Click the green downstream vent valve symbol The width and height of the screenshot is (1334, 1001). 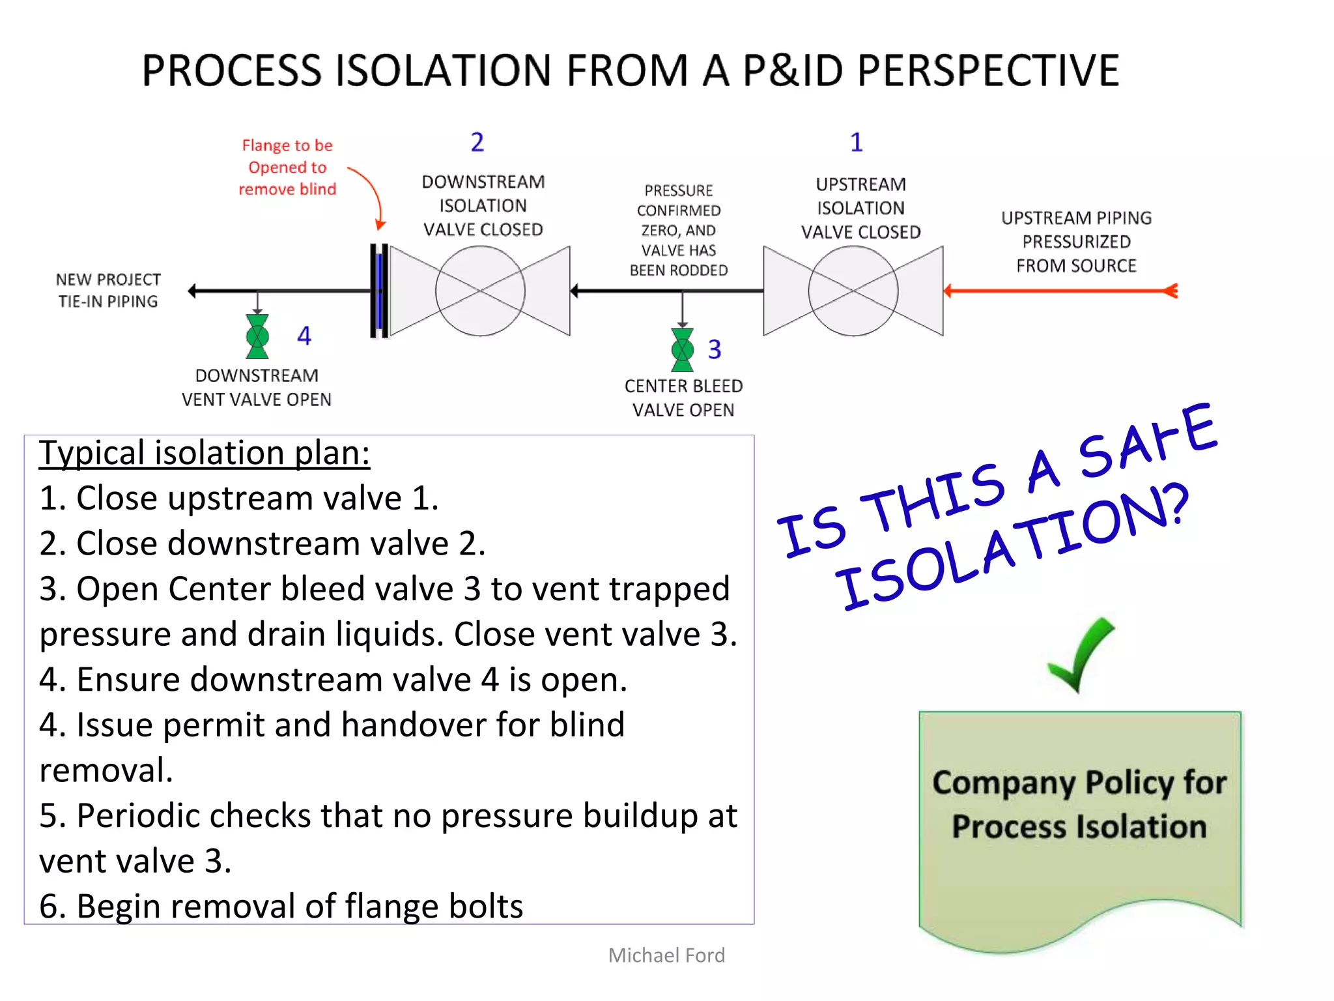257,337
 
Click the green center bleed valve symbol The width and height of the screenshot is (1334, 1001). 682,350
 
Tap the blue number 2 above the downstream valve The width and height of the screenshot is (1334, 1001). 477,142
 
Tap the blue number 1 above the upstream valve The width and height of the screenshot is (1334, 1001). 856,142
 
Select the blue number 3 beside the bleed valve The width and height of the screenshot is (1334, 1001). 715,350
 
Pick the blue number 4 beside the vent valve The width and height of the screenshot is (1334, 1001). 304,336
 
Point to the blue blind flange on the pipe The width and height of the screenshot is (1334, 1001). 379,291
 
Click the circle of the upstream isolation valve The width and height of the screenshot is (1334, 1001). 853,291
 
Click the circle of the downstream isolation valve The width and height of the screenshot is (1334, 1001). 480,291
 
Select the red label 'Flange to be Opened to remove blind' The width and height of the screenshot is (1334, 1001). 287,167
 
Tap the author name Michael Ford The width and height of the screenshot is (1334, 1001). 666,955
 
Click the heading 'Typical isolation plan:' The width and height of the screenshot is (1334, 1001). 205,453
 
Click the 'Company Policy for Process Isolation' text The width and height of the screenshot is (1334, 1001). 1079,804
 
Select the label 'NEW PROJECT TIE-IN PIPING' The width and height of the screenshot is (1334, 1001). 108,291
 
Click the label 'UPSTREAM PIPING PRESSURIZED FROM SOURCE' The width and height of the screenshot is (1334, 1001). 1076,242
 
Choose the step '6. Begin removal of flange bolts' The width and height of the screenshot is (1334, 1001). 281,907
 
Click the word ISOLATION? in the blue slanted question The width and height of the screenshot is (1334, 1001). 1013,547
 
